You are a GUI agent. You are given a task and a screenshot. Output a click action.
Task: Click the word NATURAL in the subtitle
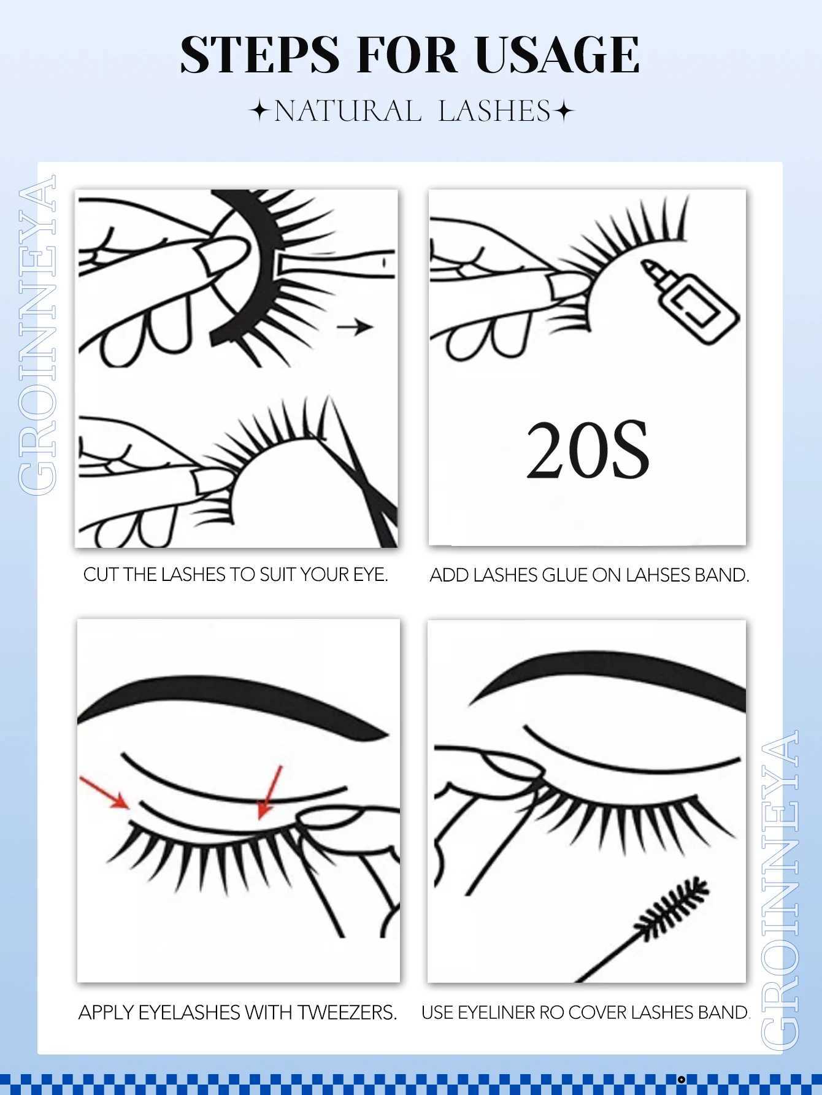(347, 112)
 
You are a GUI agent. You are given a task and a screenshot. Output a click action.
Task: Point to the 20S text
(588, 451)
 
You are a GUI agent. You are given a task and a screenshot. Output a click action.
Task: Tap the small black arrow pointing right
(355, 327)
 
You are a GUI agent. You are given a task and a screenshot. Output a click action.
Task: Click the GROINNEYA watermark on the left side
(38, 334)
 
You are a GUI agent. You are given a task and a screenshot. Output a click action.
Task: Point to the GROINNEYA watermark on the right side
(780, 889)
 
